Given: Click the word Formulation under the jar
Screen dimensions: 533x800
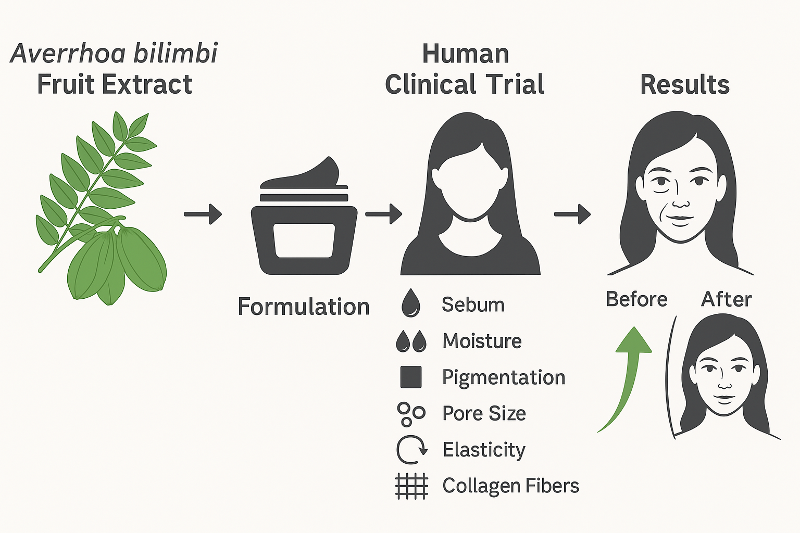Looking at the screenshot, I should tap(304, 307).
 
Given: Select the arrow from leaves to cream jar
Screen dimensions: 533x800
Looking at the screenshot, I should tap(203, 213).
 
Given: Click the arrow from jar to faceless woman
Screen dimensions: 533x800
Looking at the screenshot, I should tap(384, 213).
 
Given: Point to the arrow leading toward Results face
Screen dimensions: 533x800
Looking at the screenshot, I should tap(572, 213).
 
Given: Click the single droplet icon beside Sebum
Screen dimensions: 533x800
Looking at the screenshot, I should tap(411, 303).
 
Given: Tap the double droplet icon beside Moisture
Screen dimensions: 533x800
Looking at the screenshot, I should tap(411, 341).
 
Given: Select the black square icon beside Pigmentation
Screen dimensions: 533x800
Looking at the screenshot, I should tap(411, 377).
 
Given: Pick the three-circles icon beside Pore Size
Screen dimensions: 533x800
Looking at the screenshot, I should tap(411, 414).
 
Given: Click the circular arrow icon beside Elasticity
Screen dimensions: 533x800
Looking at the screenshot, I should tap(411, 450).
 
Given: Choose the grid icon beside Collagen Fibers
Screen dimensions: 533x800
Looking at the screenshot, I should tap(411, 486).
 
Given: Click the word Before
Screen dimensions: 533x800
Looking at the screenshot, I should tap(636, 299).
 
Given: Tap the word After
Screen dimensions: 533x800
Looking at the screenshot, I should tap(727, 299).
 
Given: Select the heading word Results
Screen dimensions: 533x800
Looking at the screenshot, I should tap(685, 84).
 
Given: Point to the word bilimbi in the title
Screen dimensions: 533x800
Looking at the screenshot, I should tap(175, 54).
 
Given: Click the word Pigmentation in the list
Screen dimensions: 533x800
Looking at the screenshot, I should tap(504, 377).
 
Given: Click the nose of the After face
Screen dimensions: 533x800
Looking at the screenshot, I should tap(724, 384).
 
